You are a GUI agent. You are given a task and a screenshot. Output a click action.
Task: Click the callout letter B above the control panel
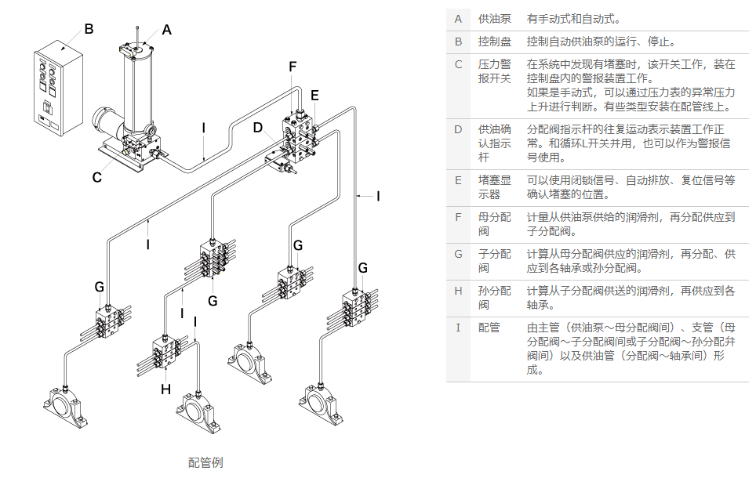coord(89,29)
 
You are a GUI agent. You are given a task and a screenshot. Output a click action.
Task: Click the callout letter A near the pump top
coord(166,30)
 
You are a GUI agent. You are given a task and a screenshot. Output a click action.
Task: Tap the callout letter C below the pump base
coord(96,177)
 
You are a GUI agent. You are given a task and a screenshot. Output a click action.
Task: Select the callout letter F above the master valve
coord(293,67)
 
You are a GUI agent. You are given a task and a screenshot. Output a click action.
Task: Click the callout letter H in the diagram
coord(165,388)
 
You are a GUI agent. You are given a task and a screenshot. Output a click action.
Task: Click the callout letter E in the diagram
coord(314,95)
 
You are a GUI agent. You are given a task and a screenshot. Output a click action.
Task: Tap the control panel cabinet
coord(57,90)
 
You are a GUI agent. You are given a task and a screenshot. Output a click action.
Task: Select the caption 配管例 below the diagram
coord(205,462)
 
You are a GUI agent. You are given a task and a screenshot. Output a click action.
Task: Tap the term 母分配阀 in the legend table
coord(494,223)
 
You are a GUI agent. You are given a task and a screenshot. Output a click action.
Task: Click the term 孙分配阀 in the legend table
coord(494,299)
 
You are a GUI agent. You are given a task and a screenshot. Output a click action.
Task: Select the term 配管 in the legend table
coord(489,328)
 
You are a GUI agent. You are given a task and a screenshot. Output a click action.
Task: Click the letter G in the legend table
coord(458,254)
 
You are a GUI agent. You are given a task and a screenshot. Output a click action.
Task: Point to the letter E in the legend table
coord(458,179)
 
